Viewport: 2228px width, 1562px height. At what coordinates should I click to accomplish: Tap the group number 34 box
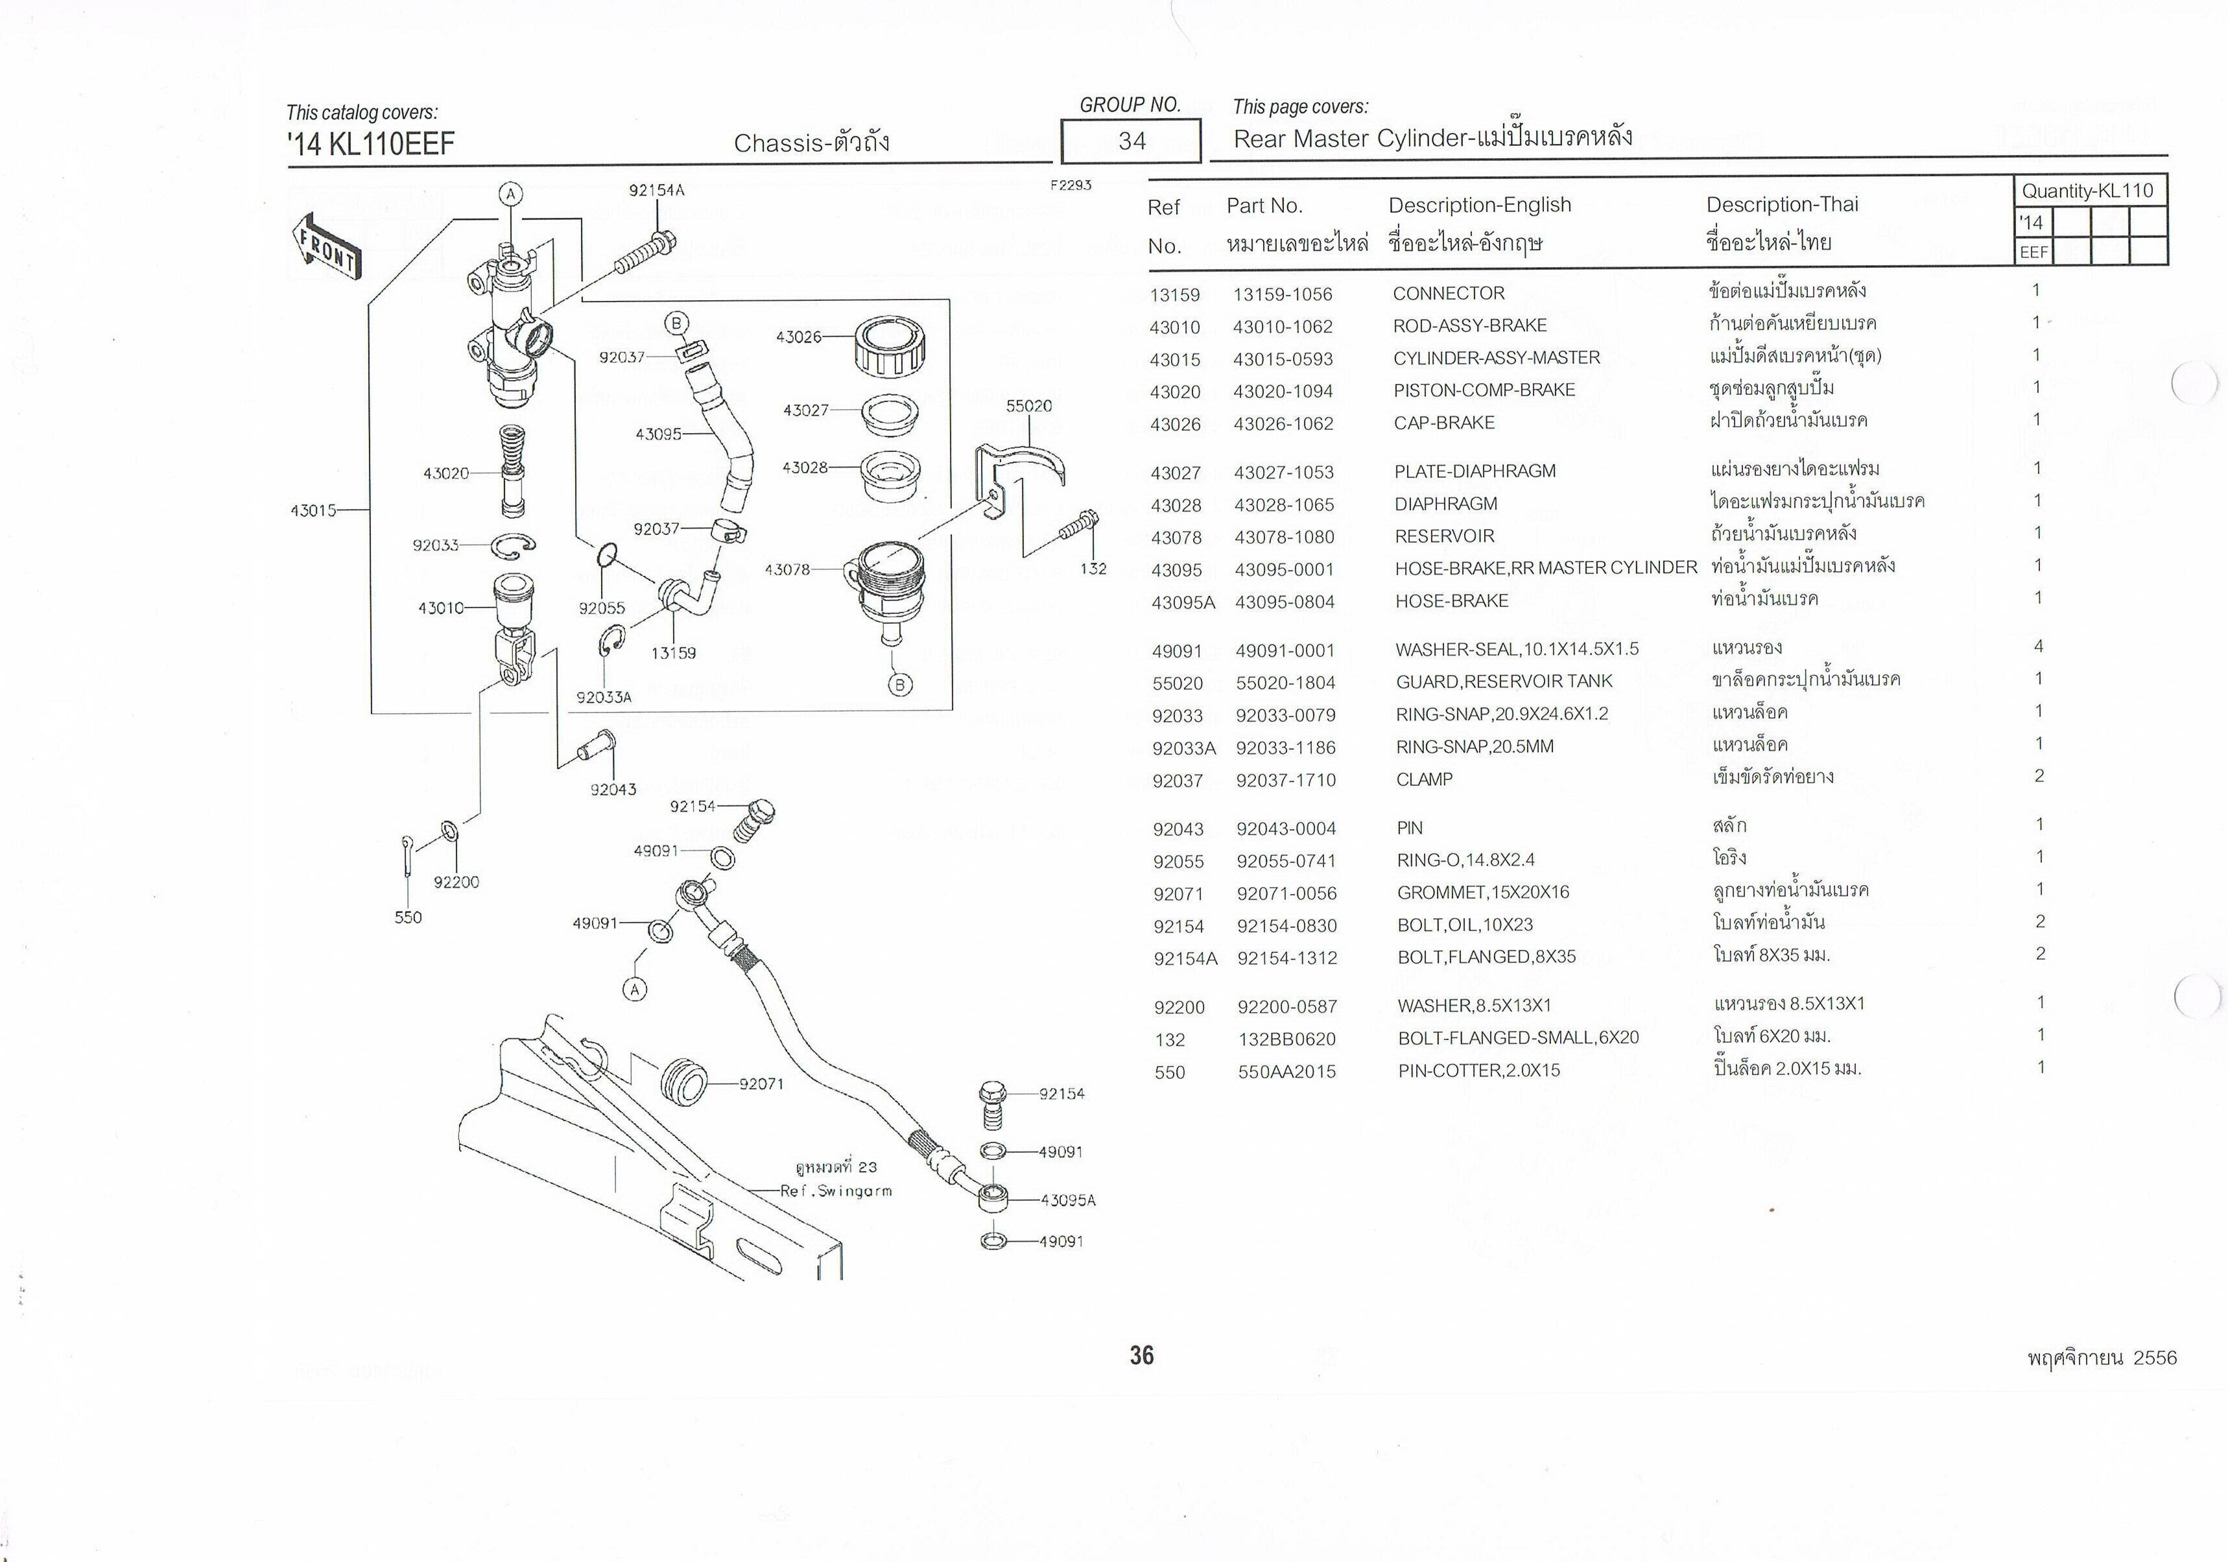coord(1132,141)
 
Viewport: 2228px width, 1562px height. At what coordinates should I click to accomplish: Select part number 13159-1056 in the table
coord(1282,294)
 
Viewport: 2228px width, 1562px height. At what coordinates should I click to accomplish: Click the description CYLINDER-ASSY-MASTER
coord(1497,358)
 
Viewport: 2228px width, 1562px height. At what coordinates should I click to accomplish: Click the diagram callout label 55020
coord(1028,405)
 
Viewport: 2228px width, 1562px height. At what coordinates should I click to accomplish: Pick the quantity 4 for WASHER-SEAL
coord(2038,646)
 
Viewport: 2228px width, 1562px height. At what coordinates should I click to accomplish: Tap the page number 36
coord(1141,1355)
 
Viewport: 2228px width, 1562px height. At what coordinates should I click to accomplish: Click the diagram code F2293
coord(1071,185)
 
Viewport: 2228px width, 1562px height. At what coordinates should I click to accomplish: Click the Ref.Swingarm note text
coord(835,1190)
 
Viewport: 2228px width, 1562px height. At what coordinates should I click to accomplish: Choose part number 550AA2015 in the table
coord(1286,1071)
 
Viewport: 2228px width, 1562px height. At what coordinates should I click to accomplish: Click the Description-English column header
coord(1479,205)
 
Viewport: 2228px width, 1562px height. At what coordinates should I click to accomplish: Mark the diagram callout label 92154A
coord(656,190)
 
